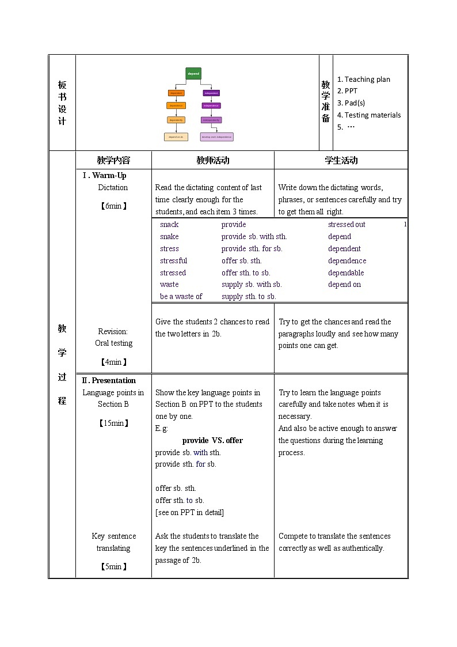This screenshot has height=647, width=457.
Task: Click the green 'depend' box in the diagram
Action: click(x=193, y=74)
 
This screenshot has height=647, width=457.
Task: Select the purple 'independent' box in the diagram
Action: click(x=211, y=93)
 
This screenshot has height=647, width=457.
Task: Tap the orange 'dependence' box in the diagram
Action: click(x=176, y=105)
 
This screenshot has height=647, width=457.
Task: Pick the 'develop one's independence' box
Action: click(x=216, y=137)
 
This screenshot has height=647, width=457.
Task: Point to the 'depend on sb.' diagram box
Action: click(x=176, y=137)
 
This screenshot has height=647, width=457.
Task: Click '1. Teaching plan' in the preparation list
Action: click(x=363, y=80)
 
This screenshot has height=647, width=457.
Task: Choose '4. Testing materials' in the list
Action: click(x=369, y=115)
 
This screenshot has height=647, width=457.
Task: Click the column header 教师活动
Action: click(x=212, y=161)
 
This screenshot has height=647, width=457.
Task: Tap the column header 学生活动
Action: click(x=341, y=161)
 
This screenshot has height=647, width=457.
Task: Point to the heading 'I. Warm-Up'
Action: click(x=104, y=176)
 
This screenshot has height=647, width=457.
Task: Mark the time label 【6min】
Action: click(x=113, y=206)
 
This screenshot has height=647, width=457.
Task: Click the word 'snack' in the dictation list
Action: click(x=169, y=225)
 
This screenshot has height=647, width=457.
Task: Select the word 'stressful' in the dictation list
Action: click(x=173, y=261)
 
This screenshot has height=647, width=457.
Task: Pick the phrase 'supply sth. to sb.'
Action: click(x=249, y=297)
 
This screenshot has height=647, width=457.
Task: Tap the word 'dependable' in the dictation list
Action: click(x=346, y=273)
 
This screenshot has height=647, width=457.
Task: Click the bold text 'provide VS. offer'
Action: click(x=212, y=441)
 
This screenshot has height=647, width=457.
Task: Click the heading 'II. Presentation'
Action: click(x=109, y=381)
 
